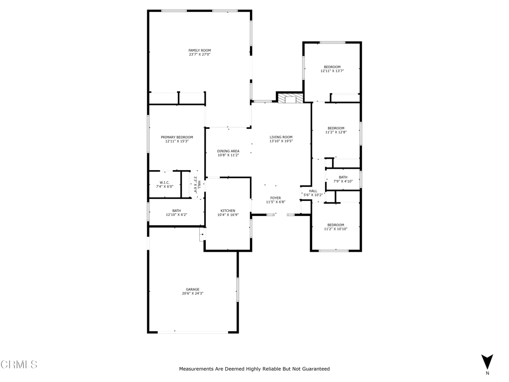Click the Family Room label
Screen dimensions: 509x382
pos(200,50)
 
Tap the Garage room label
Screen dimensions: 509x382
pos(192,289)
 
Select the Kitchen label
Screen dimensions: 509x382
pos(228,211)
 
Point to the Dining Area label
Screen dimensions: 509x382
pos(228,151)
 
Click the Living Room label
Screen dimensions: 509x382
pos(281,137)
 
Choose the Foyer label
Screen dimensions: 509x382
pos(275,198)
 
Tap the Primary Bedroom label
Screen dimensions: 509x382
pos(177,137)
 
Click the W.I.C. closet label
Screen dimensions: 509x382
pos(165,183)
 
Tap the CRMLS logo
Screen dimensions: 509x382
pos(19,365)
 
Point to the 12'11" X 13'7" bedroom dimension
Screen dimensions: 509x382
pos(332,71)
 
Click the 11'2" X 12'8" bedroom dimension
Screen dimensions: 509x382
pos(336,132)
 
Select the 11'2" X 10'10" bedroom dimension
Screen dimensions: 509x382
pos(336,229)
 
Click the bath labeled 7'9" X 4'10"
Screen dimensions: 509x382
pos(343,179)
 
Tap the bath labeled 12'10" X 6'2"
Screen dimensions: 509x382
pos(176,213)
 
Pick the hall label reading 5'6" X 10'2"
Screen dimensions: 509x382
pos(313,193)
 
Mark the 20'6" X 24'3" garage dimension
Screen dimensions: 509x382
pos(192,293)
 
